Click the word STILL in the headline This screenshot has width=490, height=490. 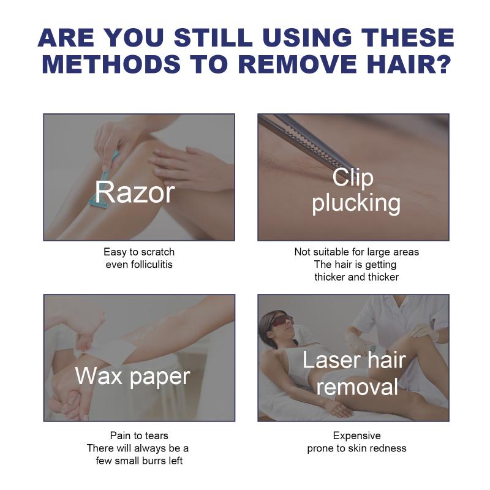[x=213, y=38]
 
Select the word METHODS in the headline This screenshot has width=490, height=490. [x=111, y=64]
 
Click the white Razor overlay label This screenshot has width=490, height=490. [x=135, y=192]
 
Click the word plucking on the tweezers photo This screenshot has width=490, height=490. [x=356, y=203]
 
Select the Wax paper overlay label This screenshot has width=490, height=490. [x=132, y=377]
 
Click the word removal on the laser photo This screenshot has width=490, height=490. [x=357, y=387]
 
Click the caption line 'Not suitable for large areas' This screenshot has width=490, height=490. [x=356, y=252]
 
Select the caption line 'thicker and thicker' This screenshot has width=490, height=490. [x=356, y=277]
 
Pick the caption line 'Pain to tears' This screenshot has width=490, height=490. [x=139, y=435]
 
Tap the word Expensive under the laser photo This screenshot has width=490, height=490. [x=357, y=436]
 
